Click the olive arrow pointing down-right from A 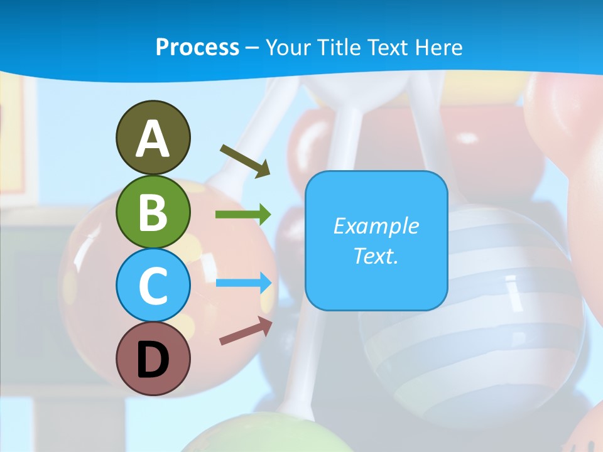tap(245, 161)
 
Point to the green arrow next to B tap(243, 215)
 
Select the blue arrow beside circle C tap(244, 282)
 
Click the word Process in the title tap(197, 47)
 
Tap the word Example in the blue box tap(376, 226)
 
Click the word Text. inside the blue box tap(376, 256)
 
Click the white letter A tap(153, 139)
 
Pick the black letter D tap(153, 360)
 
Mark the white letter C tap(153, 286)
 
